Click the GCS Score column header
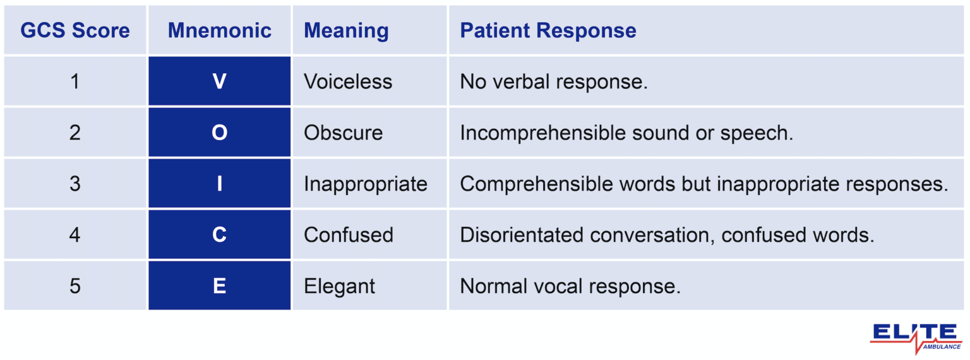(75, 30)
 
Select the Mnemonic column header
(220, 30)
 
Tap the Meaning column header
(346, 30)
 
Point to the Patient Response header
(548, 30)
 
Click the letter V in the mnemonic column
(220, 81)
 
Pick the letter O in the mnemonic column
(220, 133)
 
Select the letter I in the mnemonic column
(220, 184)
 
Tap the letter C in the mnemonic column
(220, 235)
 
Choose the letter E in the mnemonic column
(220, 286)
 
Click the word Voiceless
(348, 81)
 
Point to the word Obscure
(343, 133)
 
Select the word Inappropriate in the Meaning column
(366, 184)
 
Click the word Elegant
(339, 286)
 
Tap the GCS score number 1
(75, 81)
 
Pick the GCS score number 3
(75, 184)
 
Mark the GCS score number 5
(75, 286)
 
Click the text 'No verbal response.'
(554, 81)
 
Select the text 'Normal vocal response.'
(570, 286)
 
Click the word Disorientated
(522, 235)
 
